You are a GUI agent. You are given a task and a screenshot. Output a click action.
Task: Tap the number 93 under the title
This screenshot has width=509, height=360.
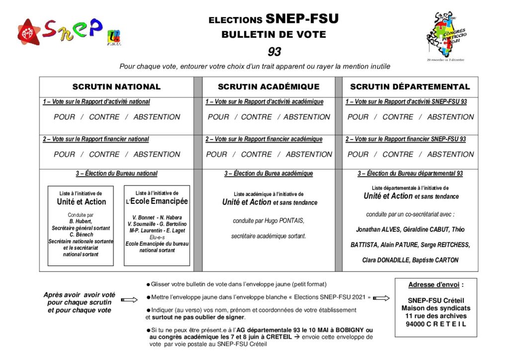point(274,51)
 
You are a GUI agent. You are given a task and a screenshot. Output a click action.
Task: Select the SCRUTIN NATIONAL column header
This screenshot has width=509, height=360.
point(116,87)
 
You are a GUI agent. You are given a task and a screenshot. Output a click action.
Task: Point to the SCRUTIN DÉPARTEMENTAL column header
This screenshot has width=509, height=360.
point(410,87)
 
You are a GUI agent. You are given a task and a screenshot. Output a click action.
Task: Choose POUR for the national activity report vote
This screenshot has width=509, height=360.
point(64,117)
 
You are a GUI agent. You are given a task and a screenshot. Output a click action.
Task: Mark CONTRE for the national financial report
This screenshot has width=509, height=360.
point(104,154)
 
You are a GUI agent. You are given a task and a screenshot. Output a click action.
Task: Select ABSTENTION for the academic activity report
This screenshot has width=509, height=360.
point(307,117)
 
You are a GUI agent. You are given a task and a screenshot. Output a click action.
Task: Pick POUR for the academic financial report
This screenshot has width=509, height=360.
point(217,154)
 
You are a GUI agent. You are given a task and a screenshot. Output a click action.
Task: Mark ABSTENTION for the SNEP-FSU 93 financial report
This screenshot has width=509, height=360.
point(450,154)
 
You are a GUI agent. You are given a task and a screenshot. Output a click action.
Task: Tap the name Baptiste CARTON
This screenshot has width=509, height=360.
point(435,260)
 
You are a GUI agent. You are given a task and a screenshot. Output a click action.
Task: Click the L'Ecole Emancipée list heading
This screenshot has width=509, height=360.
point(157,201)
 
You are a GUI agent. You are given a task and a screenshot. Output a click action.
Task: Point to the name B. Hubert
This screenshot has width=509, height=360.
point(80,221)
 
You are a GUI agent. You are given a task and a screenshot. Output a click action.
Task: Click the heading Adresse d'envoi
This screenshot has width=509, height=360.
point(436,285)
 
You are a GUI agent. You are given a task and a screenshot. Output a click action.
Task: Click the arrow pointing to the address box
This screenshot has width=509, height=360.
point(381,298)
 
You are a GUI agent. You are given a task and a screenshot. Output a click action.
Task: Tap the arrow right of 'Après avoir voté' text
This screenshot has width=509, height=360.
point(129,299)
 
